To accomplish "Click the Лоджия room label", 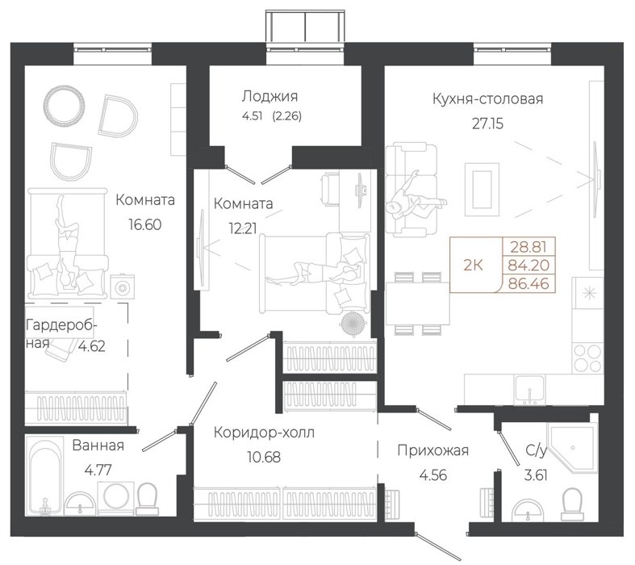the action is click(x=269, y=96).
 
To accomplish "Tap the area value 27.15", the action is click(x=487, y=123).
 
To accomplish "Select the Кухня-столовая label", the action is click(x=487, y=98).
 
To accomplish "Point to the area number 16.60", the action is click(x=145, y=224).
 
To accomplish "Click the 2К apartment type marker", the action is click(x=473, y=266).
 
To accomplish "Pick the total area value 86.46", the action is click(x=528, y=283).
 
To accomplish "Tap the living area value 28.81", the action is click(x=528, y=247).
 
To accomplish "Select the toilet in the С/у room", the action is click(x=572, y=504).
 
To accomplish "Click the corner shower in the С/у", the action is click(x=572, y=447).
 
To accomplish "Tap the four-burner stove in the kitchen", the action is click(x=588, y=358).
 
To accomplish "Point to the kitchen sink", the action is click(x=529, y=390).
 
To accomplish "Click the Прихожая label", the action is click(x=433, y=450).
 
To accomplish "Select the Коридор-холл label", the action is click(x=264, y=433).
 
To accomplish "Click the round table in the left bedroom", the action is click(x=64, y=105).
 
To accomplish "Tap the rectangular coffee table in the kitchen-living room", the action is click(x=482, y=189).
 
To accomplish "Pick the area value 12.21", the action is click(x=243, y=229).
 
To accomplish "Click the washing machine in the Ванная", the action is click(x=116, y=496).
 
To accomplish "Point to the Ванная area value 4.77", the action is click(x=98, y=471).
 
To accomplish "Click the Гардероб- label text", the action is click(x=61, y=325).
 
